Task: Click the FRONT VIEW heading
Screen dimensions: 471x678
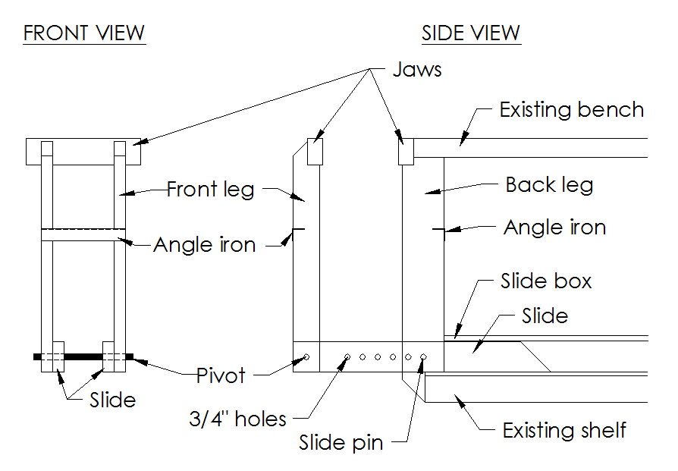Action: click(84, 34)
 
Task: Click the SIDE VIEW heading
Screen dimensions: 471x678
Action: click(471, 34)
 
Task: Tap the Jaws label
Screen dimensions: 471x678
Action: click(417, 70)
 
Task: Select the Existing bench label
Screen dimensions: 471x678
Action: click(571, 110)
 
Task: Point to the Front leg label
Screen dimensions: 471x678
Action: click(210, 188)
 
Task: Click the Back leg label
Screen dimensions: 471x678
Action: click(549, 185)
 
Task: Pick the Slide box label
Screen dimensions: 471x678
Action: click(546, 282)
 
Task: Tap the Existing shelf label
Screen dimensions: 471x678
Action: click(564, 431)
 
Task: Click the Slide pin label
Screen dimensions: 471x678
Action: click(341, 443)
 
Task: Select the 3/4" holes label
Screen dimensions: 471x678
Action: click(237, 418)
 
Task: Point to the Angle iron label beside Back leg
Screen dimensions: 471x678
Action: click(555, 228)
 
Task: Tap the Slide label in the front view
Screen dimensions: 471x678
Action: click(112, 400)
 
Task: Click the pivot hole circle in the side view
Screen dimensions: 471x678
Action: click(306, 356)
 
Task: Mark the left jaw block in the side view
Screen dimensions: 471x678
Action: click(315, 151)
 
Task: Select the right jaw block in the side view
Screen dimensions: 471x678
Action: click(406, 151)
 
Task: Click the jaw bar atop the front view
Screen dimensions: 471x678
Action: click(83, 152)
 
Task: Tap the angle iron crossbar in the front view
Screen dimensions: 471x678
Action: click(83, 235)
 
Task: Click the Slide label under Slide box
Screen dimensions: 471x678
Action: click(545, 315)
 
